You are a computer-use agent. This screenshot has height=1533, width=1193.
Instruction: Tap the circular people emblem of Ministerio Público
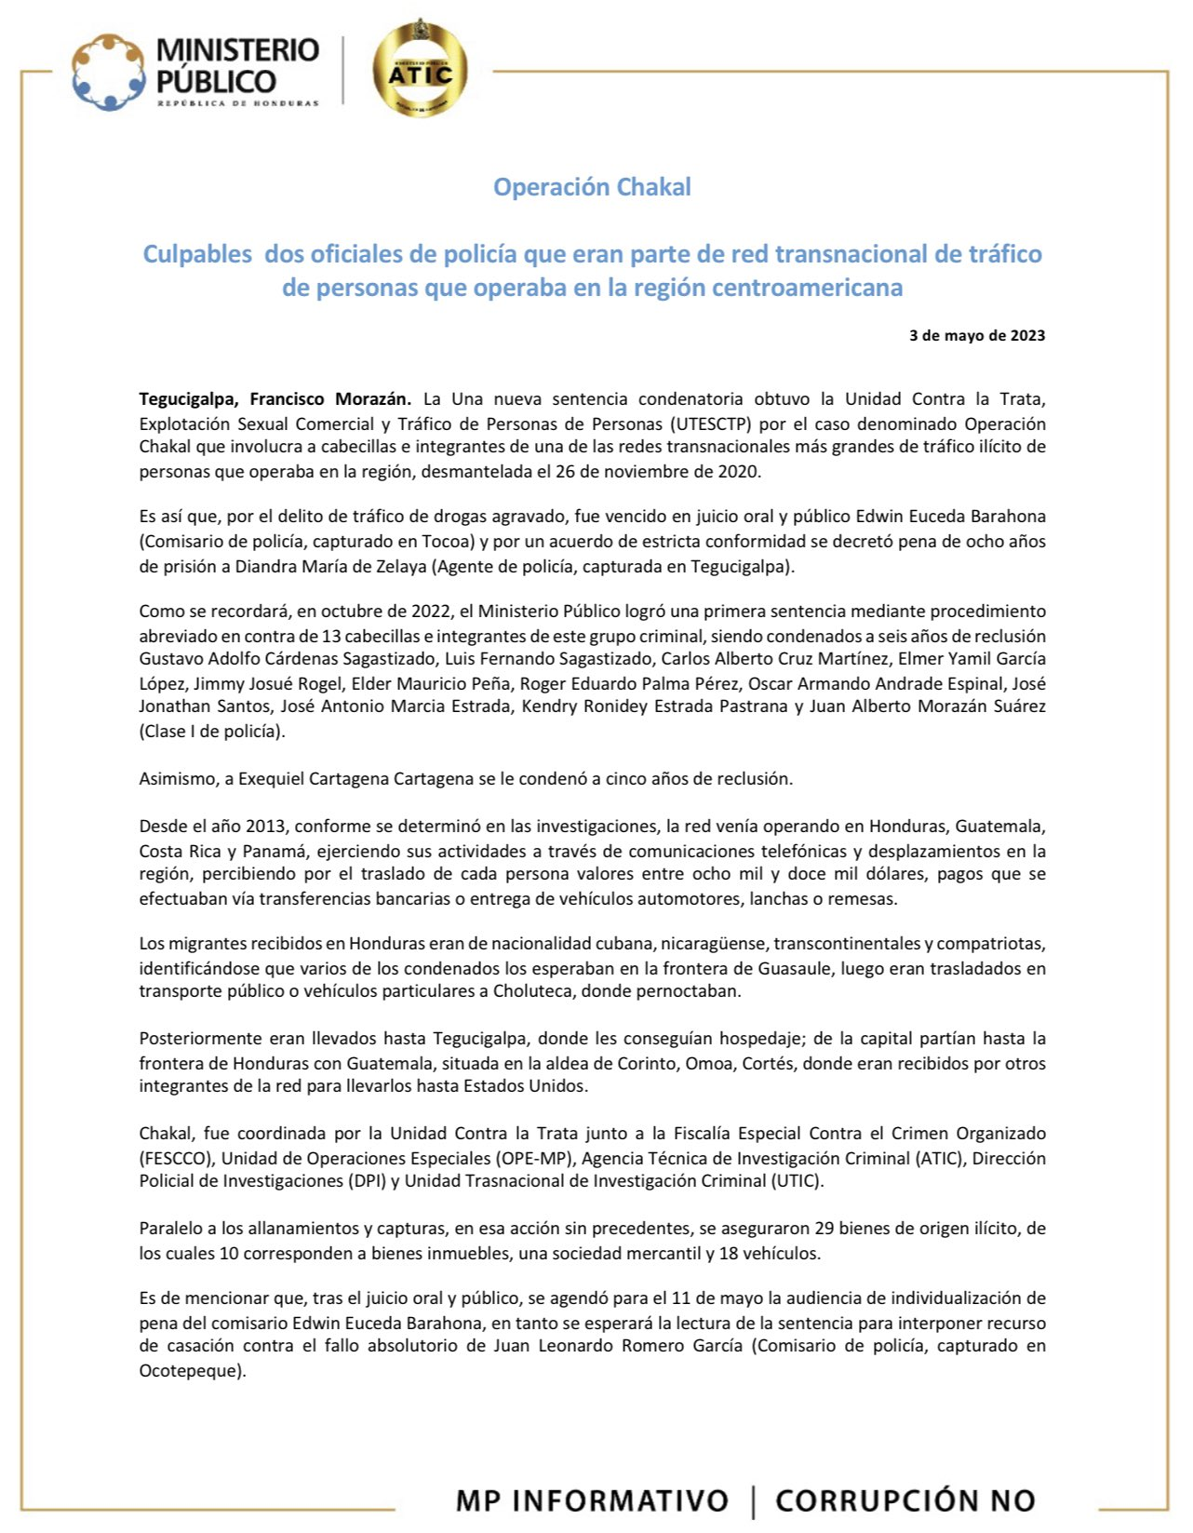click(109, 72)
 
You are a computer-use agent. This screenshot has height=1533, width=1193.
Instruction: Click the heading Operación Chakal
click(592, 187)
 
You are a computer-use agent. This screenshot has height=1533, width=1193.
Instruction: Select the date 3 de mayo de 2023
click(976, 335)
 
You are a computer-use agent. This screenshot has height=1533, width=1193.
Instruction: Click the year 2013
click(265, 827)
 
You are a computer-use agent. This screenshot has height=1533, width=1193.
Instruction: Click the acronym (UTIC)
click(797, 1181)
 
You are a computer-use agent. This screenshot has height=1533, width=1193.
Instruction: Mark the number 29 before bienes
click(824, 1229)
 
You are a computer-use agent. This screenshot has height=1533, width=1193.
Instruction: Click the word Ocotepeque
click(191, 1370)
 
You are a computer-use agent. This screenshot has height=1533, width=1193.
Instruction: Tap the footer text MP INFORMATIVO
click(591, 1500)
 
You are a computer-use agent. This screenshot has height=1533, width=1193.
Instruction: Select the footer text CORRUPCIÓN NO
click(905, 1500)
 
